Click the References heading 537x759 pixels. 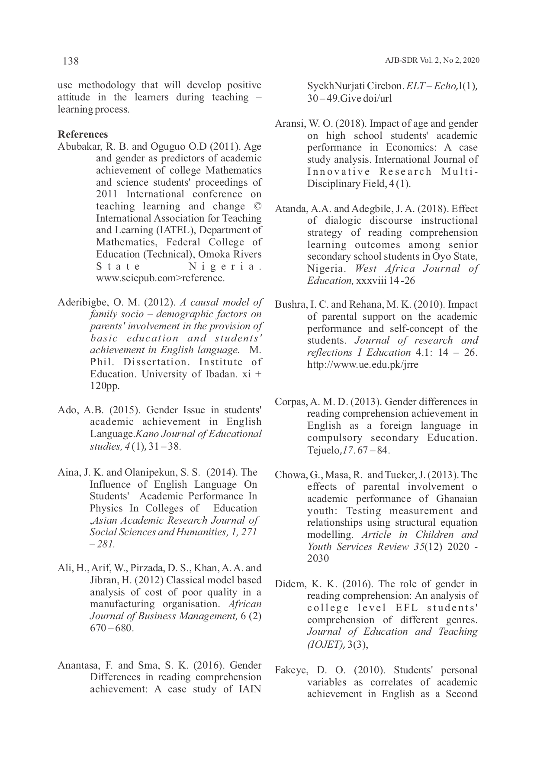coord(83,134)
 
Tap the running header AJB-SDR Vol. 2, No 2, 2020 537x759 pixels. coord(432,61)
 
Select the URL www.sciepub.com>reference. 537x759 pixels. coord(160,278)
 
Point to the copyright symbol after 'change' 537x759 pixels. coord(257,206)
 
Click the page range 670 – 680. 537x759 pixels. coord(111,628)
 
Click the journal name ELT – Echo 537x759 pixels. coord(432,86)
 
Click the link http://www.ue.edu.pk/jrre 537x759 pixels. coord(363,365)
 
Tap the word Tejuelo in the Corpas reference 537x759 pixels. coord(324,450)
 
